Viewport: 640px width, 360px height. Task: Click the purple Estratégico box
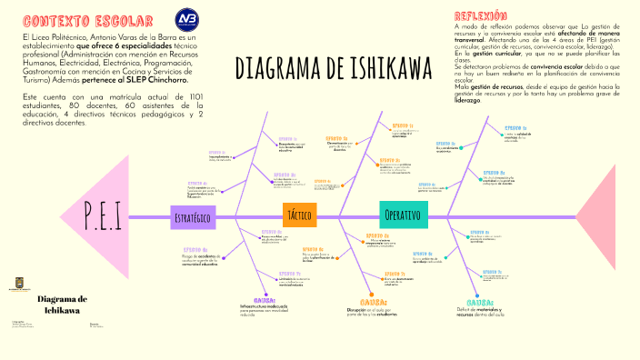193,217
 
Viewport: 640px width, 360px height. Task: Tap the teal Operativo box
403,215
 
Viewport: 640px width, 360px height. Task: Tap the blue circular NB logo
188,19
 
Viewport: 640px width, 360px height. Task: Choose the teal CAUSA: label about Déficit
479,302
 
